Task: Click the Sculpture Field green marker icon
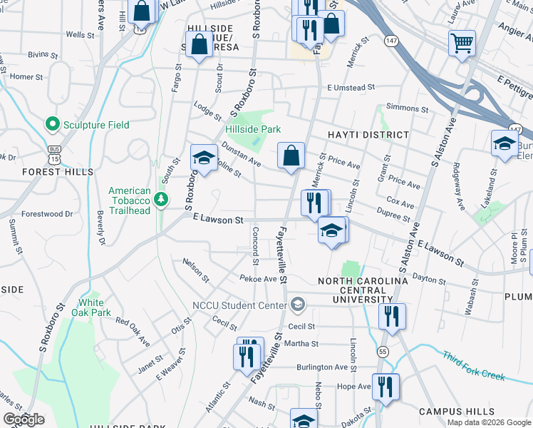(52, 125)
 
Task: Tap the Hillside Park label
(253, 129)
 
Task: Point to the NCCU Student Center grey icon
(298, 305)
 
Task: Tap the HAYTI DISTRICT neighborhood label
(368, 134)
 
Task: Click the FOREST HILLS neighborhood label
(58, 172)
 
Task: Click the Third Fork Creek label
(474, 365)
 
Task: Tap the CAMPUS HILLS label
(456, 412)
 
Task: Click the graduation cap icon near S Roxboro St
(204, 158)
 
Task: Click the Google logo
(23, 419)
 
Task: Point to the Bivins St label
(43, 53)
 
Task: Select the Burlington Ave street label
(322, 367)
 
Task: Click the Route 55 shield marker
(383, 352)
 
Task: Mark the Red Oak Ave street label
(133, 332)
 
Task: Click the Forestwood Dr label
(47, 213)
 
